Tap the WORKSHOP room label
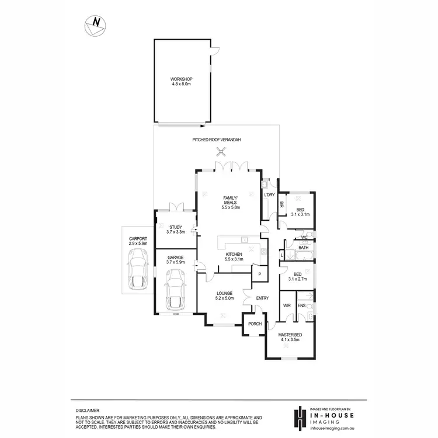(x=181, y=79)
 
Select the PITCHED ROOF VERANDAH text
(x=217, y=140)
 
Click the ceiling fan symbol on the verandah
(x=222, y=153)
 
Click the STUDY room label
(x=175, y=228)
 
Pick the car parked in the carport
(x=138, y=268)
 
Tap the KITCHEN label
(x=234, y=255)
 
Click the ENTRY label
(x=262, y=298)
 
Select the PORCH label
(x=255, y=324)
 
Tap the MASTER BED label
(x=289, y=335)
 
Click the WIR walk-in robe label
(x=287, y=305)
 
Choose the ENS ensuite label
(x=302, y=305)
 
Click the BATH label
(x=303, y=248)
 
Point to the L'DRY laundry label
(x=269, y=194)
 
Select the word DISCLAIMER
(x=87, y=411)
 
